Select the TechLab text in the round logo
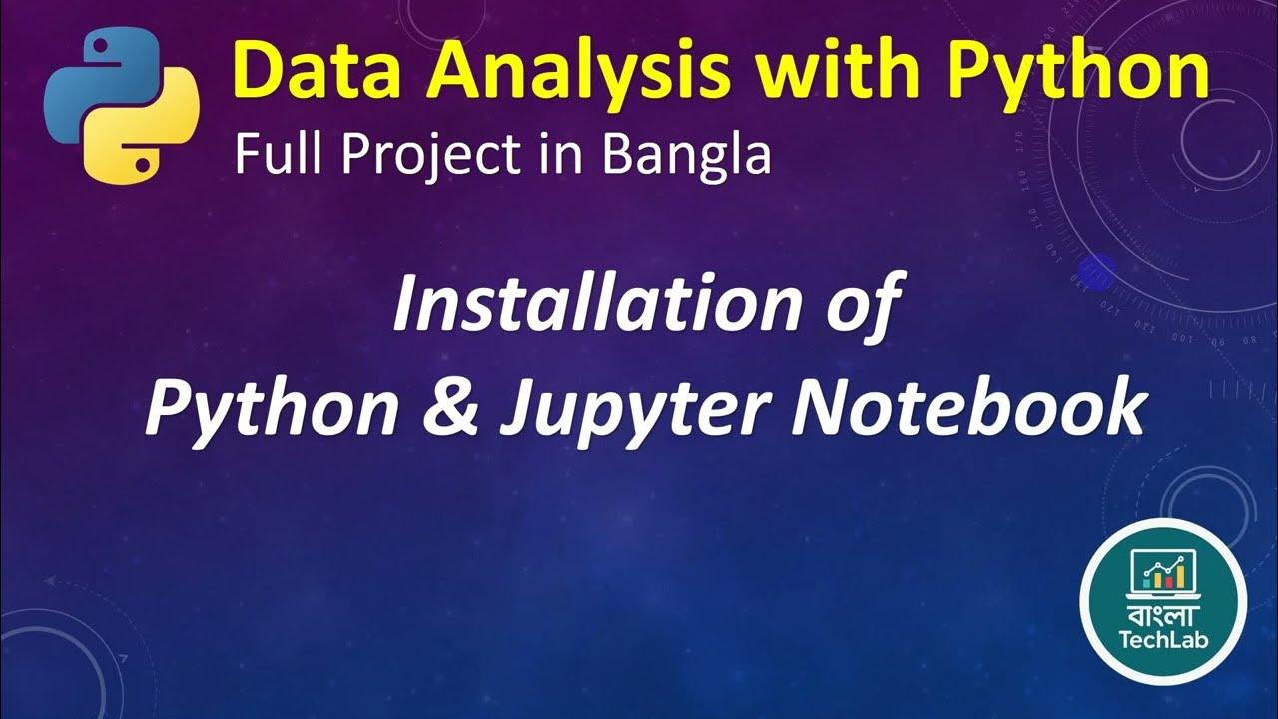(x=1163, y=639)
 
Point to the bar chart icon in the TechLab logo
(x=1163, y=572)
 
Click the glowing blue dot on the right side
(x=1098, y=269)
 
